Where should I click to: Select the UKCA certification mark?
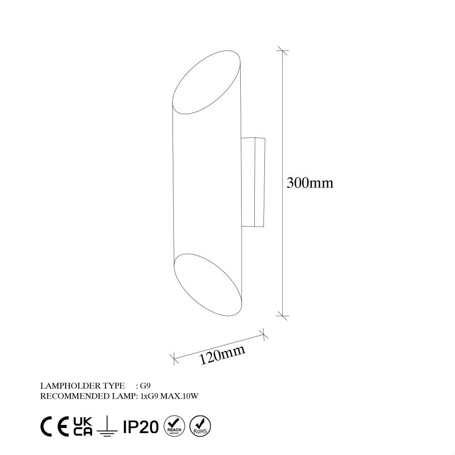click(x=82, y=426)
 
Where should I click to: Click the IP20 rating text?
click(x=140, y=426)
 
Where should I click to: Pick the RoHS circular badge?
click(x=199, y=426)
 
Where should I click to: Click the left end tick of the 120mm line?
click(x=173, y=359)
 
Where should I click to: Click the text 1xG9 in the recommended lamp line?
click(x=149, y=396)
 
